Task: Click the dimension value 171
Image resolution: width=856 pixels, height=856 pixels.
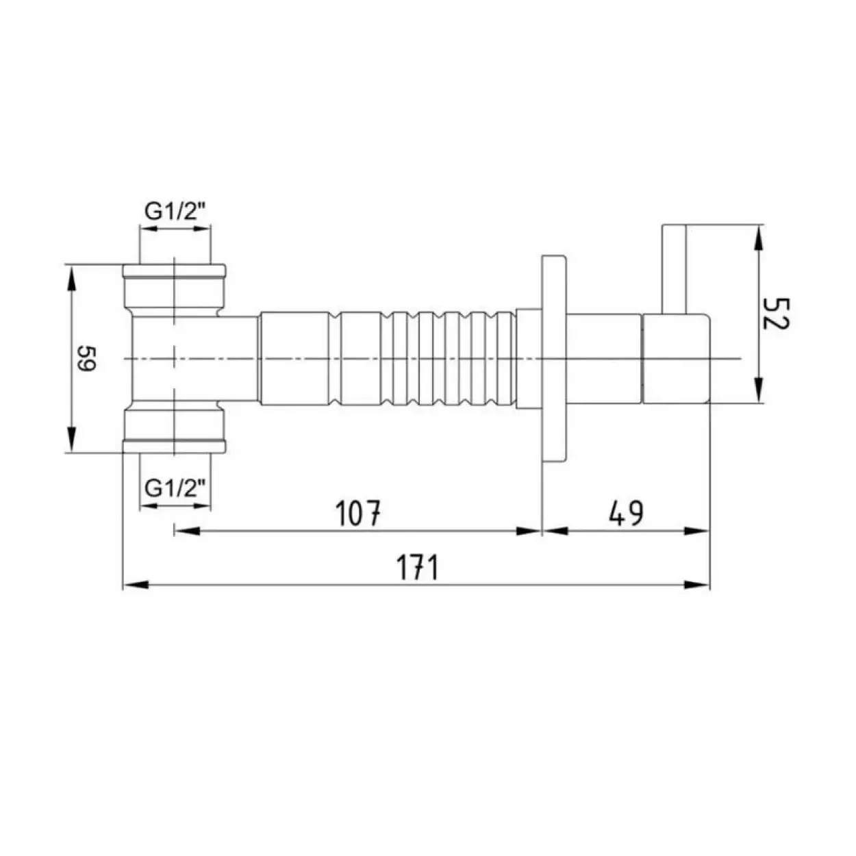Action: (x=417, y=567)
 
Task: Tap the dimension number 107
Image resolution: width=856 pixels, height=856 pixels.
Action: (x=358, y=513)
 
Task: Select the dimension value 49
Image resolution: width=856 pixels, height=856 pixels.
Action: (x=626, y=513)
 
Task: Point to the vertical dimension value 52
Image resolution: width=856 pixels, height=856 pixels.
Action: (x=776, y=314)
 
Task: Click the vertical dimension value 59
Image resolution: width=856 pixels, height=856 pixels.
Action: (x=86, y=358)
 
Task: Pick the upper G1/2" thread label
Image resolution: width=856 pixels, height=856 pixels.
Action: (x=175, y=212)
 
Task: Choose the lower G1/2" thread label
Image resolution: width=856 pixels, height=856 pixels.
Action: (x=175, y=489)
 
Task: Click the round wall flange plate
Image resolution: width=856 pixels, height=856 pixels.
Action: (x=554, y=358)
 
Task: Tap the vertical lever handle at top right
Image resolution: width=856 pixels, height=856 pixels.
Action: (x=674, y=269)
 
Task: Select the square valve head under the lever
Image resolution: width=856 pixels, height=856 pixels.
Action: (x=676, y=359)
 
